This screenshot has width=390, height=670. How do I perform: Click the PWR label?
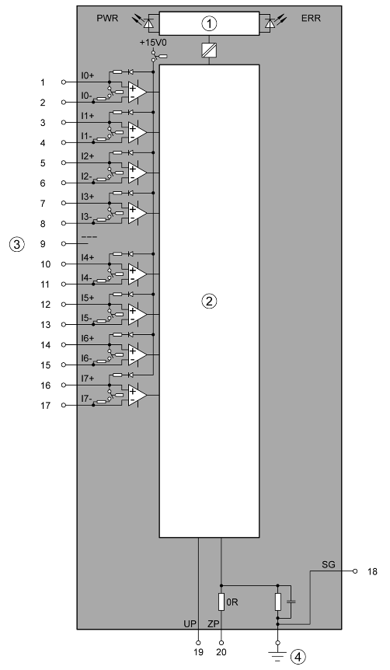click(107, 19)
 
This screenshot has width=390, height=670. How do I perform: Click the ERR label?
click(311, 19)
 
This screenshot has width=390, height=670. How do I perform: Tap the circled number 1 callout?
click(209, 23)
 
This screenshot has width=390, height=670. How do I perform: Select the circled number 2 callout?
click(209, 302)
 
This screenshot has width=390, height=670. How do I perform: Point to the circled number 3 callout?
click(16, 244)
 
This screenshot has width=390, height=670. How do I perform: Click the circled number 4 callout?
click(298, 657)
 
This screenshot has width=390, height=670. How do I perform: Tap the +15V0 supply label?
click(151, 43)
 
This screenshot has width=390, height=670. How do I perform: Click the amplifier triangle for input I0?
click(138, 92)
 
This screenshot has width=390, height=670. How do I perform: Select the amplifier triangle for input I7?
click(138, 396)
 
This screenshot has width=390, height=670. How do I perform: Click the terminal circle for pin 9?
click(64, 243)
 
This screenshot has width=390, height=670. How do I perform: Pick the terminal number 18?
click(372, 572)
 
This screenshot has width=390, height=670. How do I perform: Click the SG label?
click(329, 565)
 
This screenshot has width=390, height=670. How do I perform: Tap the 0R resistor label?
click(232, 602)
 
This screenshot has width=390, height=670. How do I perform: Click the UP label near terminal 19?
click(190, 624)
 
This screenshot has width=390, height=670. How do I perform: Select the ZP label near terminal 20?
click(214, 624)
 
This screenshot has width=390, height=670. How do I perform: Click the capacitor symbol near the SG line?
click(291, 602)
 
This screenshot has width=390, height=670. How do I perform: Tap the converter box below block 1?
click(209, 50)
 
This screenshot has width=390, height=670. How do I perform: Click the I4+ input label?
click(88, 257)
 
